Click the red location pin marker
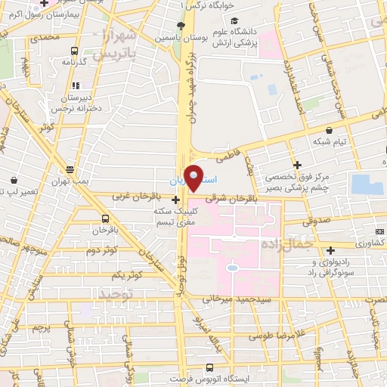coord(193,177)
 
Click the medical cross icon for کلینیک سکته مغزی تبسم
coord(176,200)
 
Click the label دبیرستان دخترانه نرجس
coord(78,104)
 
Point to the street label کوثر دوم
coord(103,249)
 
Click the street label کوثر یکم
coord(126,274)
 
